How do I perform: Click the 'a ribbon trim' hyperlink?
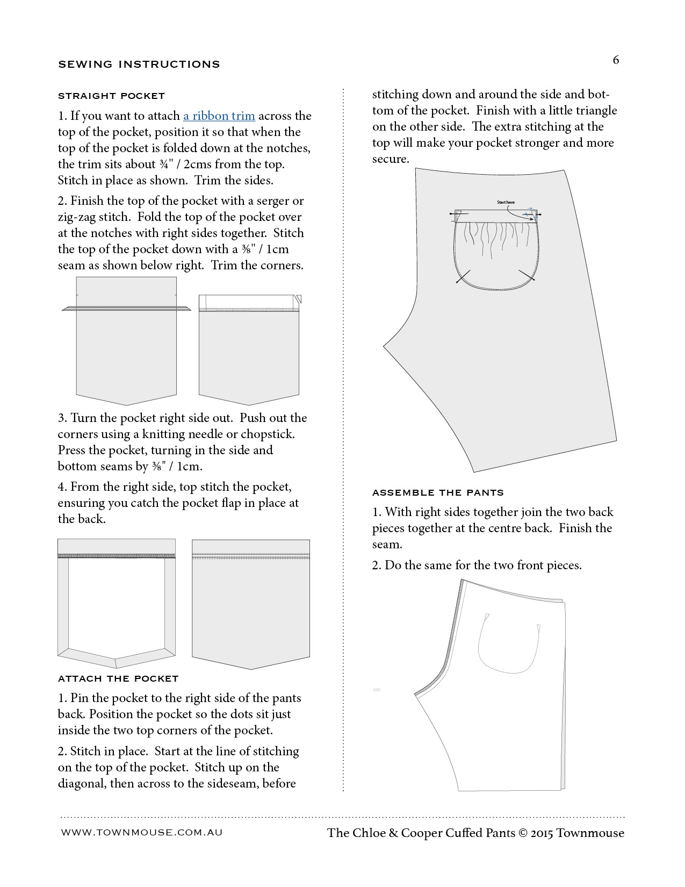coord(219,116)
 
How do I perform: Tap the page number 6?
coord(616,60)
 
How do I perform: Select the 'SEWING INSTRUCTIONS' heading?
coord(139,65)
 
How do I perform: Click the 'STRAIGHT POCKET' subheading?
coord(111,96)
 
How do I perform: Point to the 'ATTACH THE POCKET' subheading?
coord(118,679)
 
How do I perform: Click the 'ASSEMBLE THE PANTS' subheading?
coord(438,492)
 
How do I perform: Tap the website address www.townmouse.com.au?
coord(142,832)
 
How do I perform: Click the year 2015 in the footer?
coord(542,833)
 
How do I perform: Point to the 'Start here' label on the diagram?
coord(506,203)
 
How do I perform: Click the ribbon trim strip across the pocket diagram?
coord(126,308)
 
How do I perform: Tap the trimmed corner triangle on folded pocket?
coord(299,298)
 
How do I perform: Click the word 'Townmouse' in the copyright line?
coord(590,833)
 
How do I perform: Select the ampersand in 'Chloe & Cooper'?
coord(393,833)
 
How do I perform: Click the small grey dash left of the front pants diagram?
coord(377,690)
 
